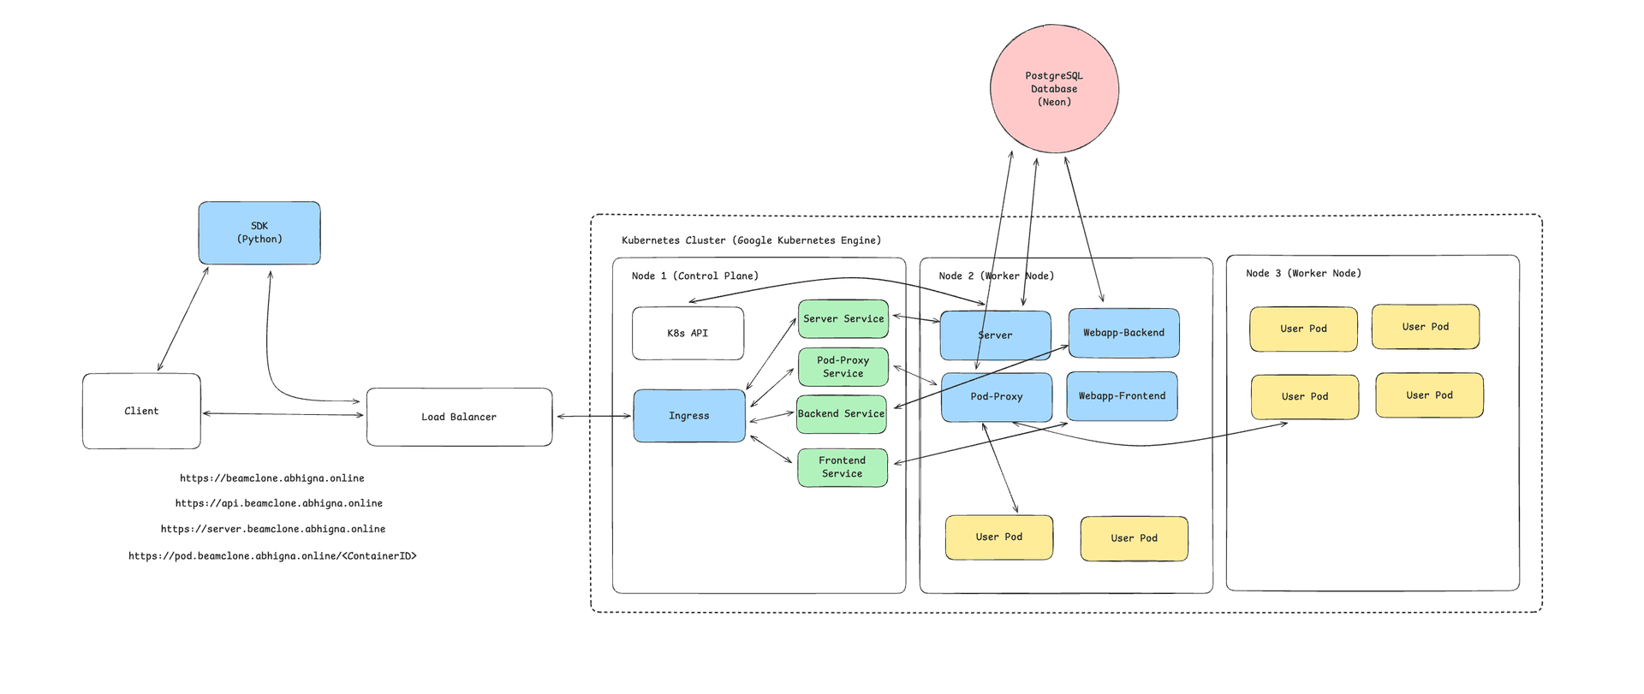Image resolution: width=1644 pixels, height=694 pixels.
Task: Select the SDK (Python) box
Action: (x=259, y=233)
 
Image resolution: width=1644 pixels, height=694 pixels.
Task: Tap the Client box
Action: (x=141, y=411)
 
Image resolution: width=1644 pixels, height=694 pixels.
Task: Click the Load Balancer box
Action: (x=459, y=417)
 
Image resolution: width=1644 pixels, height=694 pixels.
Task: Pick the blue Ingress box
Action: (x=689, y=416)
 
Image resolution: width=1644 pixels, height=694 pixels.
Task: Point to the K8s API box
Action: (x=688, y=333)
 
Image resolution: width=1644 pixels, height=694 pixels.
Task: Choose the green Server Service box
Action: (x=843, y=318)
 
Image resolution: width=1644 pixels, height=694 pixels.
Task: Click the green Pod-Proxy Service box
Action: (x=843, y=367)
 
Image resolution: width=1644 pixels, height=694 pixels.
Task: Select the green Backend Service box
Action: (x=841, y=413)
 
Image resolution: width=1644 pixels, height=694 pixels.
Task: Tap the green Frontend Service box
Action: (x=843, y=467)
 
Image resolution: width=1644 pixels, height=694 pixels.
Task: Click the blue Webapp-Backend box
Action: (x=1123, y=333)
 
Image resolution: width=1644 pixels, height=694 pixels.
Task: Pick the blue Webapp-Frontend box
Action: (x=1122, y=396)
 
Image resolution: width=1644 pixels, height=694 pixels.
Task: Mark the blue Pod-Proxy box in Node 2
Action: (x=997, y=397)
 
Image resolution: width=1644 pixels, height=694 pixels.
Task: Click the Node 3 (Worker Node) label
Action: (x=1303, y=273)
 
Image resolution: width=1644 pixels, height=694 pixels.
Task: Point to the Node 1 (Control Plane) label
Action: (x=694, y=276)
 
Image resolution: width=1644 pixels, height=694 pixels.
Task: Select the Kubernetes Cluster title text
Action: (x=751, y=240)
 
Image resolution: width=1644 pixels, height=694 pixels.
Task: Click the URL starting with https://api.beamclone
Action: (x=279, y=503)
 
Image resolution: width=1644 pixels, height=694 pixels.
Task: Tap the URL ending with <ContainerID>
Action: (x=272, y=556)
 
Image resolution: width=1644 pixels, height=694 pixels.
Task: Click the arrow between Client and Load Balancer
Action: (x=283, y=414)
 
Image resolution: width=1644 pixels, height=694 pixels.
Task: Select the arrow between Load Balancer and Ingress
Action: (x=593, y=417)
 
